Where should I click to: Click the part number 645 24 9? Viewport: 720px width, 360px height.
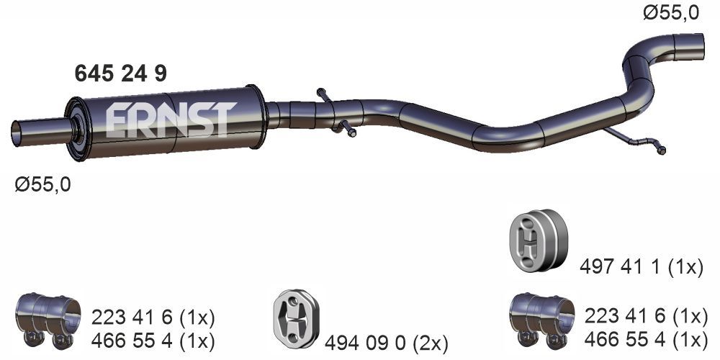point(120,73)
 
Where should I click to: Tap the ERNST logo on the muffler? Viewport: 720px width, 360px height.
point(171,120)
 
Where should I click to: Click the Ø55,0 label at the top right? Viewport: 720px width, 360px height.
point(671,12)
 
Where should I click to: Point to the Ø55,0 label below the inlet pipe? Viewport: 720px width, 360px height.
point(42,184)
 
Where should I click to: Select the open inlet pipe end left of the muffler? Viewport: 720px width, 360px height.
point(17,134)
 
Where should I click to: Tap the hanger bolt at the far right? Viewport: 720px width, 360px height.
point(661,150)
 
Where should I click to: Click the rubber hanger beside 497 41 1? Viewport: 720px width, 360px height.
point(538,240)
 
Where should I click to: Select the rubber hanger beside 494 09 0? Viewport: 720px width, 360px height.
point(296,319)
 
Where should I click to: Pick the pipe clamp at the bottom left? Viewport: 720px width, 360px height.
point(48,318)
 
